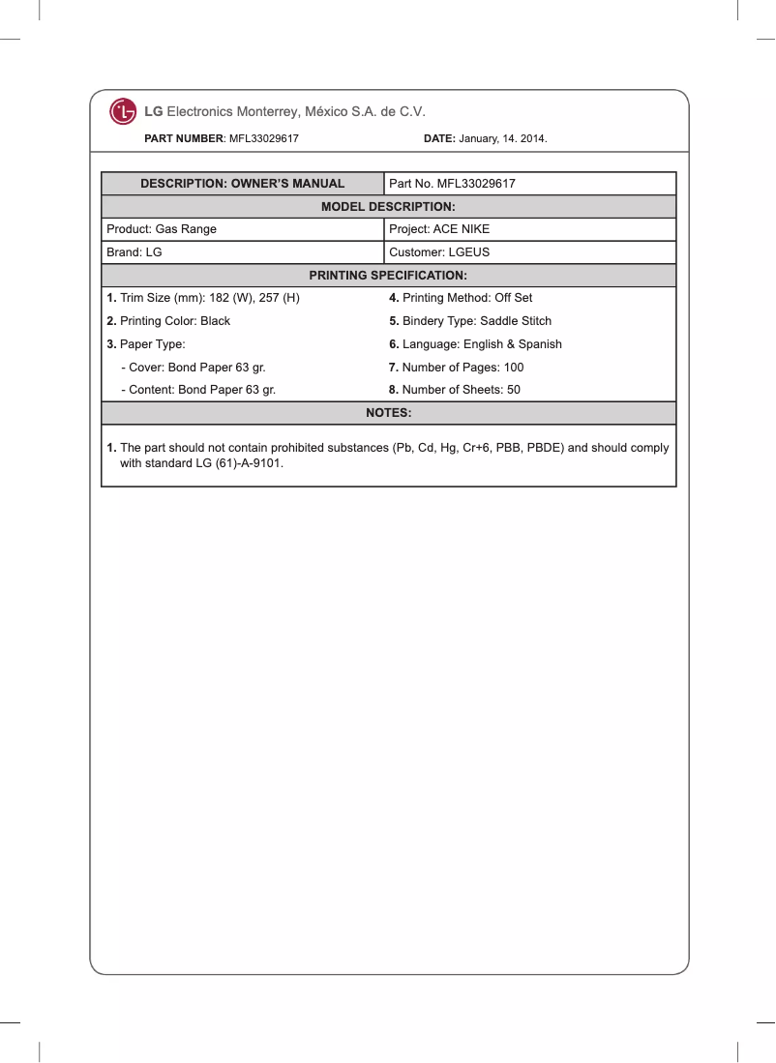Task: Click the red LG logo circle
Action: pos(123,112)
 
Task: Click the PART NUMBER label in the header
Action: pos(184,139)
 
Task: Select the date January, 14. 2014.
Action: pos(502,139)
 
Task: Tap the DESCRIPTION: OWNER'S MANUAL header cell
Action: pos(242,184)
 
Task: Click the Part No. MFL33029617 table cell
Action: pos(452,184)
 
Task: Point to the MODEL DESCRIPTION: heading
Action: pos(388,207)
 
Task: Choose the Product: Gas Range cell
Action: pos(162,229)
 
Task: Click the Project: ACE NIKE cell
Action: pos(439,229)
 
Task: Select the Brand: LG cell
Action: pos(134,252)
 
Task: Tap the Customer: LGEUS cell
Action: pos(439,252)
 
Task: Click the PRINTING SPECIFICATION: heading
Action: pos(388,276)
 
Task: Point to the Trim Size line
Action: pos(203,298)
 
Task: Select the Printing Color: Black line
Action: pos(168,321)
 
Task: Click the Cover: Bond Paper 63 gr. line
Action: pos(193,368)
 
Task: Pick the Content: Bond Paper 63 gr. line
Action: pos(197,391)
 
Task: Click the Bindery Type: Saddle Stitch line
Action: pos(470,321)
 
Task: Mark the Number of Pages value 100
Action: pos(513,368)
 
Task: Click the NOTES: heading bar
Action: pos(388,413)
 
